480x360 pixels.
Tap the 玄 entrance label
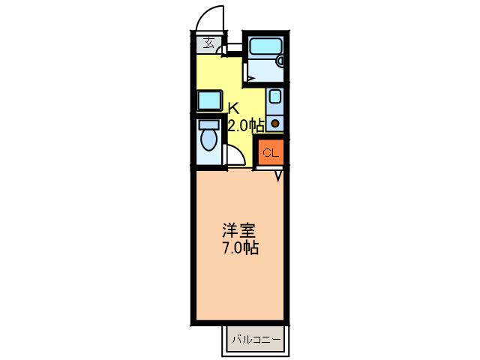[208, 43]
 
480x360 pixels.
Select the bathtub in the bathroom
[264, 46]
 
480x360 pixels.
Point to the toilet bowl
[209, 141]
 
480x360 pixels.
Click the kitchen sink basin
[274, 96]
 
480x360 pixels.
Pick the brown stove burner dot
[274, 123]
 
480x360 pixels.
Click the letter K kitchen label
[233, 107]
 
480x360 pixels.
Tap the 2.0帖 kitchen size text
[246, 125]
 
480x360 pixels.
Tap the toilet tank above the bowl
[209, 124]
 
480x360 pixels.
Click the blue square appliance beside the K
[209, 100]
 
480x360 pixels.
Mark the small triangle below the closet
[278, 176]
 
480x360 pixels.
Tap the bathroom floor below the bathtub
[266, 71]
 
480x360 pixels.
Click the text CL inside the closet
[270, 154]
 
